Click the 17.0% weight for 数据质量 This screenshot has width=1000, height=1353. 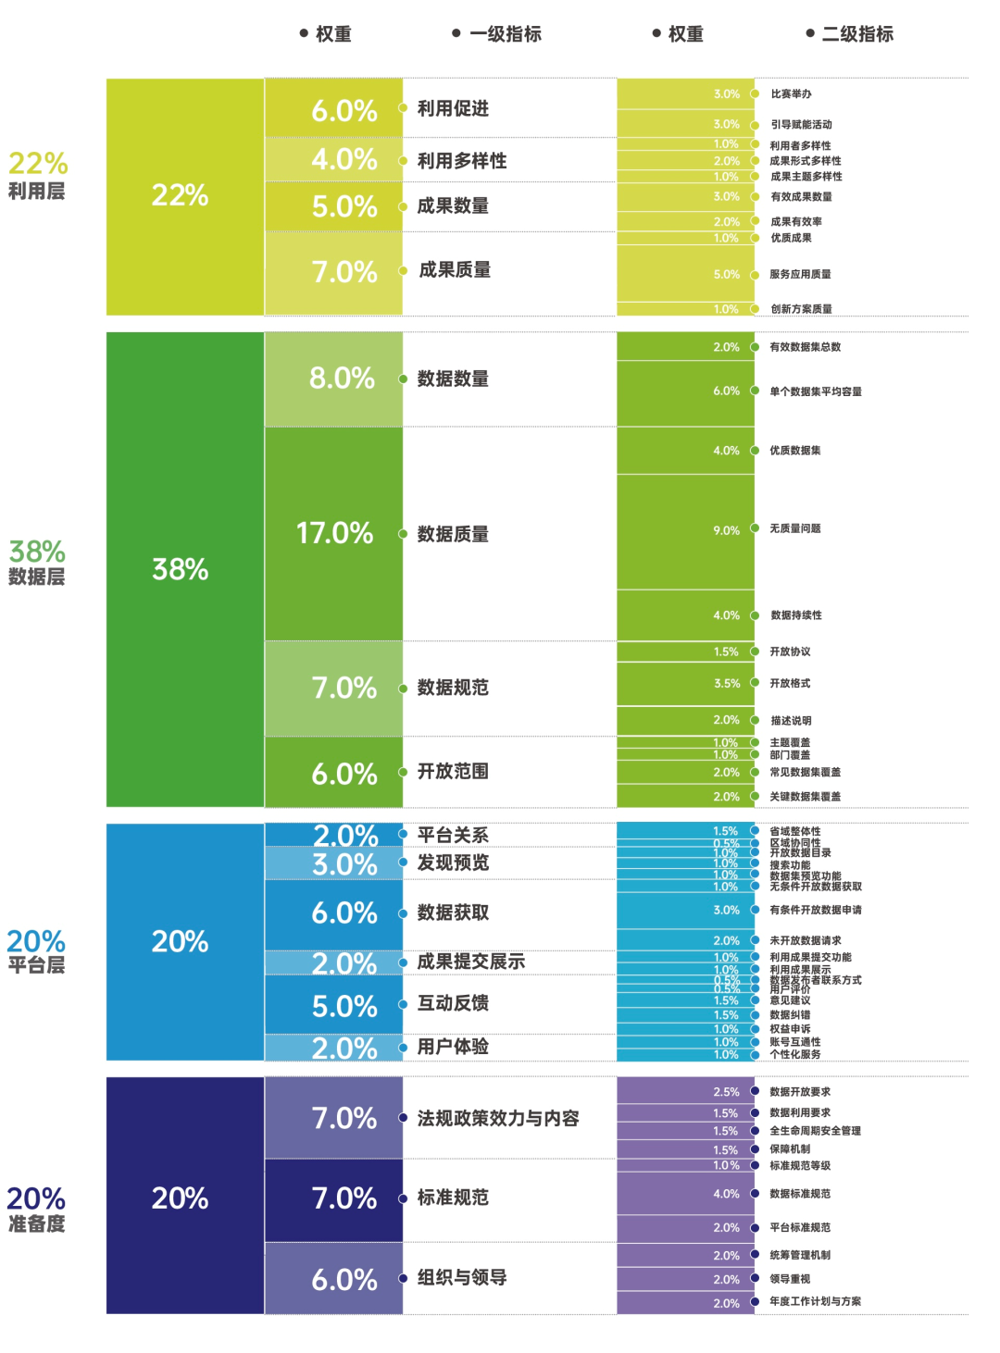click(334, 533)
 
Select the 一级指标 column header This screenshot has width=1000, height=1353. click(505, 34)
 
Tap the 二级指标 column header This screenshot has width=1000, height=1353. click(857, 34)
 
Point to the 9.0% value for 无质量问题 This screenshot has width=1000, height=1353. click(726, 530)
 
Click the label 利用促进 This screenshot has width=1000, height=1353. click(453, 108)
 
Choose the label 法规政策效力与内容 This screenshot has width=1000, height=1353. click(498, 1118)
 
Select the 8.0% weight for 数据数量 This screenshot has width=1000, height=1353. click(342, 378)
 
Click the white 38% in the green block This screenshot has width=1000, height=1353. click(180, 569)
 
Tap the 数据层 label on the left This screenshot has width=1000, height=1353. click(36, 577)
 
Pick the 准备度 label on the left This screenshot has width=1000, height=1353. click(36, 1223)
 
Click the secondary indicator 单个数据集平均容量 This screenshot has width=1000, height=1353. click(815, 391)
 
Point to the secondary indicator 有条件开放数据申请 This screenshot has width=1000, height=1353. click(815, 910)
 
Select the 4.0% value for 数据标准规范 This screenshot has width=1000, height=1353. click(726, 1194)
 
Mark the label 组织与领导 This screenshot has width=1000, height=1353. click(462, 1278)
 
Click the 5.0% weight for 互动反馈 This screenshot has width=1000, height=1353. click(344, 1006)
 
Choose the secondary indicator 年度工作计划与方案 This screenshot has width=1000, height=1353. click(815, 1301)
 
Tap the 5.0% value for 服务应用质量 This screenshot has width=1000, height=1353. click(726, 275)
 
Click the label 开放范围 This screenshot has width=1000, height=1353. click(453, 771)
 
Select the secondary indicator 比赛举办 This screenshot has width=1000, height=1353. click(791, 94)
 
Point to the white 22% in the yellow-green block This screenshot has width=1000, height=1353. click(180, 195)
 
